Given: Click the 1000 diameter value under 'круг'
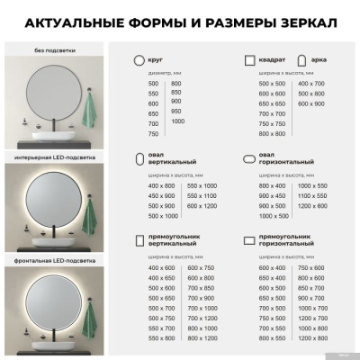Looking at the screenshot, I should [x=177, y=121].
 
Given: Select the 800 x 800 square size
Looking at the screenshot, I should [x=272, y=133].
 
